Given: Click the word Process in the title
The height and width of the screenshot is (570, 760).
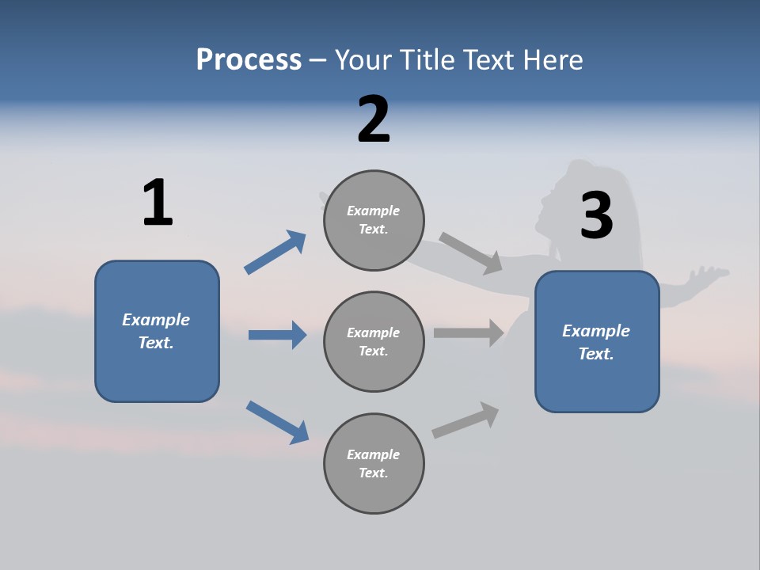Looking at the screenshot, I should (249, 60).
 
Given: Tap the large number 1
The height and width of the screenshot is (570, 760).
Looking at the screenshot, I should (158, 203).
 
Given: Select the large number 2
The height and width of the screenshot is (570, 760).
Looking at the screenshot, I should (374, 120).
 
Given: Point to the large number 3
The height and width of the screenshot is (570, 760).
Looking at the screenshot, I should (596, 216).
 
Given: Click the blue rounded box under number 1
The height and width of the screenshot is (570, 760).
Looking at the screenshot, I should (157, 331).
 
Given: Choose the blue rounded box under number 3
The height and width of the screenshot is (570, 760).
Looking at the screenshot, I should (597, 341).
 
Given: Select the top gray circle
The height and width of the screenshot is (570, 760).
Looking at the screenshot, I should (374, 220).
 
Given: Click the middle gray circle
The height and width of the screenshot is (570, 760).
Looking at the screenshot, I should (374, 341).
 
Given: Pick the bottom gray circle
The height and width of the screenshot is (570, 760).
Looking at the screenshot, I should (374, 463).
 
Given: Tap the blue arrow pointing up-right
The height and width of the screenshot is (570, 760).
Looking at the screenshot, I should (275, 253).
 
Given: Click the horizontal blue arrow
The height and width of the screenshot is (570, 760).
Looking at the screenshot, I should (277, 335).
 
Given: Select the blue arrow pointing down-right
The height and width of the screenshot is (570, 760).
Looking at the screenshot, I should (277, 422).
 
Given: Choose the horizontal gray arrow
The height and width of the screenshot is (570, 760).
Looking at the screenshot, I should (469, 333).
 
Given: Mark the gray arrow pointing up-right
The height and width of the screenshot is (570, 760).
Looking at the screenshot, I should (465, 420).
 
